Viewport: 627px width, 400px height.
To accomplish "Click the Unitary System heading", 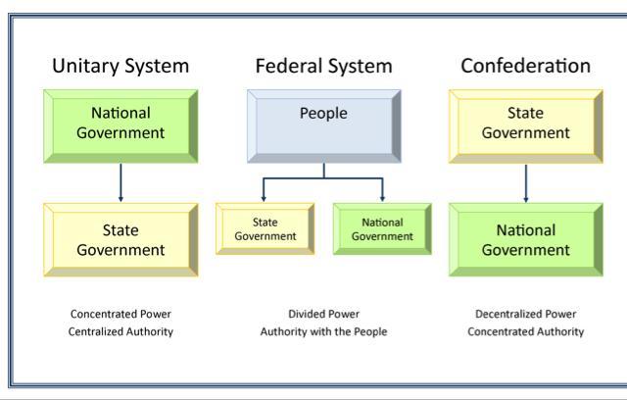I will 121,67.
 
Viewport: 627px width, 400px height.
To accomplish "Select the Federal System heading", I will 323,67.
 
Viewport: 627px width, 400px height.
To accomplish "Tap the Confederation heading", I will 526,67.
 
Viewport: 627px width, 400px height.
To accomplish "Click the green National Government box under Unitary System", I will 121,125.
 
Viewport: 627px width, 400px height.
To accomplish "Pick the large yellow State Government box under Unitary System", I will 121,239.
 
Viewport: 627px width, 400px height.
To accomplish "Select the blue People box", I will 323,125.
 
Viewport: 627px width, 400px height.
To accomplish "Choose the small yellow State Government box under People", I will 265,229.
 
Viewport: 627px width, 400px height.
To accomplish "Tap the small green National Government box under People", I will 382,229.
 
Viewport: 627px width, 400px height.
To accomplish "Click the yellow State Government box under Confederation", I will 526,125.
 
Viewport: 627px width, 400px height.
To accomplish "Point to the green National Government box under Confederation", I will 526,239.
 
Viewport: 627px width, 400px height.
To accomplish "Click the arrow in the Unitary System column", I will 121,182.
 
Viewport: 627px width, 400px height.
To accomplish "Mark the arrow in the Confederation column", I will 526,182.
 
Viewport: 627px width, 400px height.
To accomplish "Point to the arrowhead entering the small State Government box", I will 265,198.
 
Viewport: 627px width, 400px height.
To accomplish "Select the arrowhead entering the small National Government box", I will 382,198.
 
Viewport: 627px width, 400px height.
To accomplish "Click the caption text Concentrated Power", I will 121,314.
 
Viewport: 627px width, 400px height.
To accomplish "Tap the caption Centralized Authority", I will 121,331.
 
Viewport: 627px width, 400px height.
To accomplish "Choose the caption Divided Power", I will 323,314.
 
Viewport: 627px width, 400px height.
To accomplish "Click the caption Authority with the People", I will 323,331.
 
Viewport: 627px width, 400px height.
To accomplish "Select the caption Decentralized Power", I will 526,314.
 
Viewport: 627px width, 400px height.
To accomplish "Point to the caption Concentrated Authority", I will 526,331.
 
